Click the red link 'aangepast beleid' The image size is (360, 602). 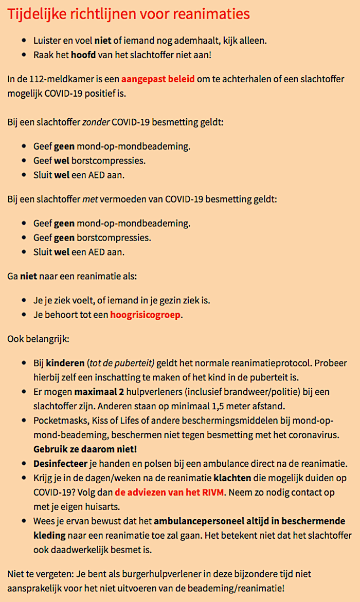point(158,80)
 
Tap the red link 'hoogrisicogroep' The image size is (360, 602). point(146,315)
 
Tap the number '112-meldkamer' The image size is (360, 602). point(51,80)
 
